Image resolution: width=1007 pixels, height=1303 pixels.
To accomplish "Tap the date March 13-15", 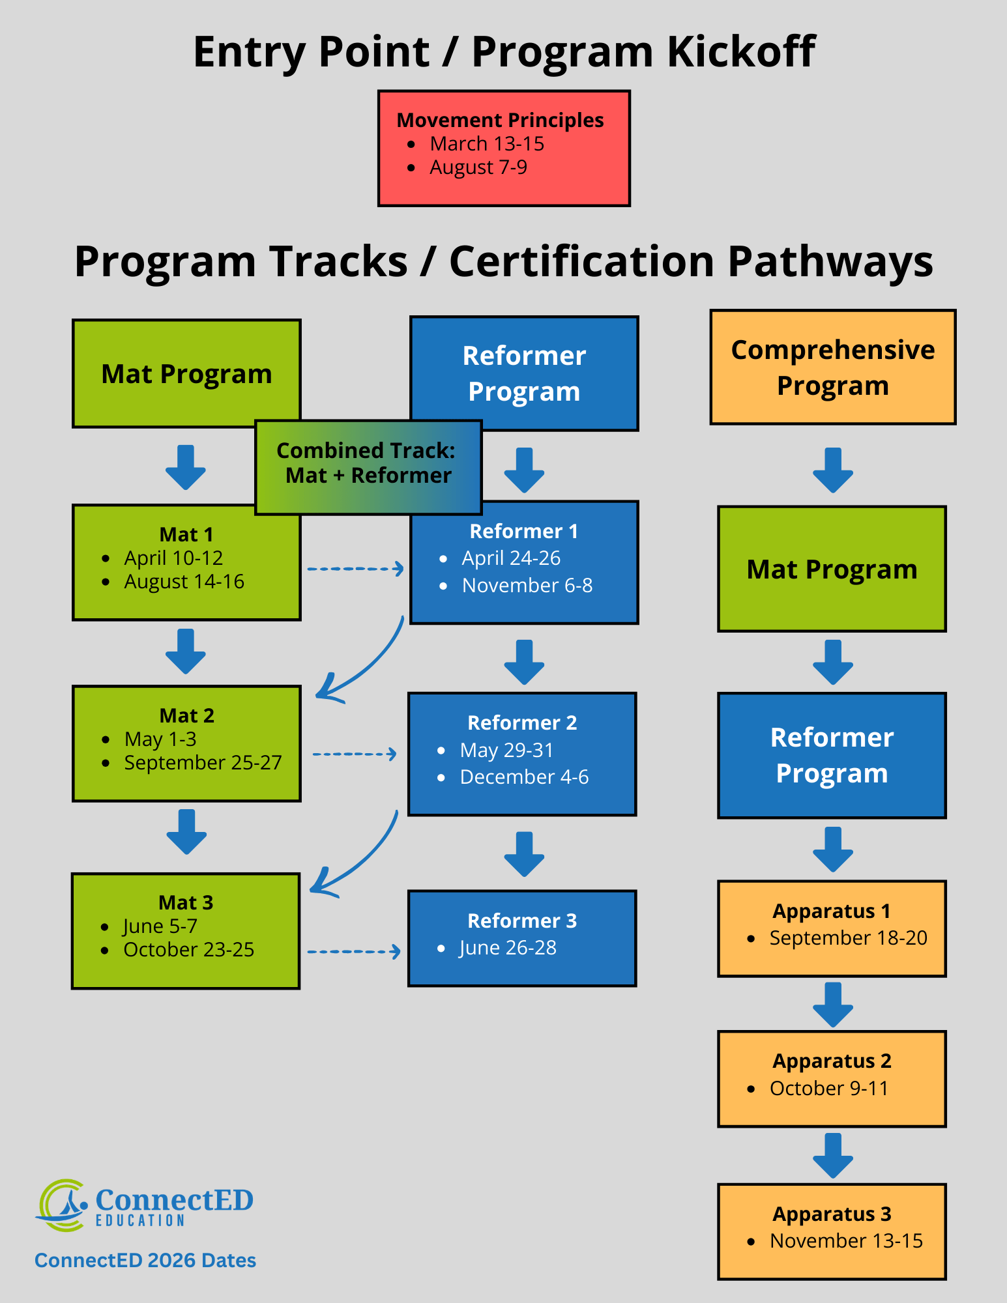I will [x=486, y=144].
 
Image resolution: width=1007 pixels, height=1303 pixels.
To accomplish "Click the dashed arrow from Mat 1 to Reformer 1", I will [x=355, y=569].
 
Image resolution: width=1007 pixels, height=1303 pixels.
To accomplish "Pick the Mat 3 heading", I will [x=186, y=902].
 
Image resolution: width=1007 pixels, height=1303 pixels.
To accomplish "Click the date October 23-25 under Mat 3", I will [x=188, y=950].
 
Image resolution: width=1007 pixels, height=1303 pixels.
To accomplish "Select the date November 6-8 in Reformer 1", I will [x=527, y=586].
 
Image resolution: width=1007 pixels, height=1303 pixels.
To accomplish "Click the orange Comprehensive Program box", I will [x=832, y=367].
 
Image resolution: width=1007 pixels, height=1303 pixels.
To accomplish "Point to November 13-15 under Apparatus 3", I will [x=846, y=1241].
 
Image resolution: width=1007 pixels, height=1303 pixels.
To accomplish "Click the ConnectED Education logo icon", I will [x=62, y=1205].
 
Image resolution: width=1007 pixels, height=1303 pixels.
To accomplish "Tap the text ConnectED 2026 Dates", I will [x=145, y=1261].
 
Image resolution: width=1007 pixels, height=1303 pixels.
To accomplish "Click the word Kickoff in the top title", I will [x=740, y=51].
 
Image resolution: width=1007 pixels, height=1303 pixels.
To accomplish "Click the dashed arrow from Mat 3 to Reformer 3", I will [x=354, y=952].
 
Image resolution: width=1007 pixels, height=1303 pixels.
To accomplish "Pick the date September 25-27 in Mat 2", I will [x=203, y=763].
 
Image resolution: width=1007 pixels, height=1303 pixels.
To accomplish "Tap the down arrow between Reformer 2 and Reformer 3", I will [x=524, y=853].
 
